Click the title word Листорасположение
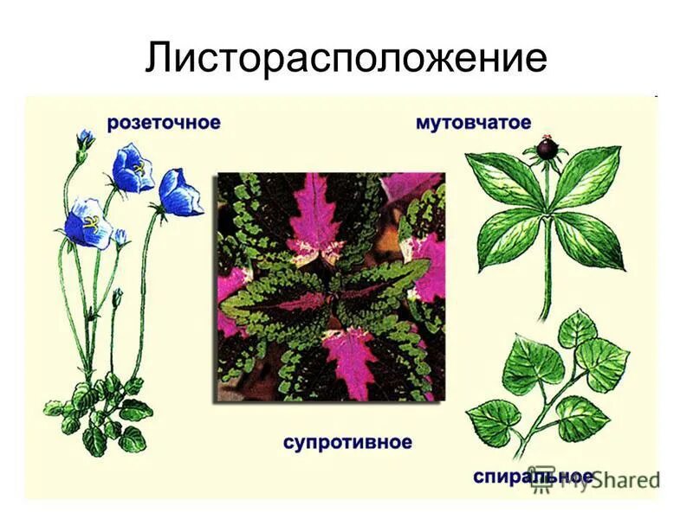tap(346, 58)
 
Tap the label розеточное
tap(163, 123)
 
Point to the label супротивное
tap(347, 443)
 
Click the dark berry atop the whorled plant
tap(546, 148)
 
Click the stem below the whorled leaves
tap(547, 285)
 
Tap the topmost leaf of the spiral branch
tap(576, 330)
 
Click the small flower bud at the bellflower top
tap(85, 138)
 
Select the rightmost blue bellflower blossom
tap(180, 192)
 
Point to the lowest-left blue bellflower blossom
tap(88, 223)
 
